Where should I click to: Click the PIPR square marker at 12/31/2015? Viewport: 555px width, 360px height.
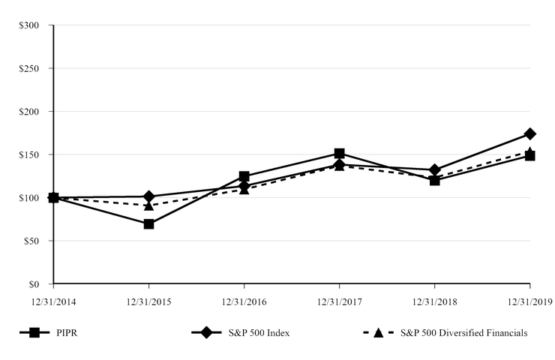[148, 223]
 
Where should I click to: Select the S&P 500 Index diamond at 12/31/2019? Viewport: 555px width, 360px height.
[530, 133]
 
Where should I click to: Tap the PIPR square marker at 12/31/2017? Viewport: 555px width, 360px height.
[339, 153]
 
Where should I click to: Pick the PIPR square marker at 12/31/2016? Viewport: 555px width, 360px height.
[244, 176]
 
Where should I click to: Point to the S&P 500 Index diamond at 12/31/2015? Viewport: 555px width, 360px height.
[148, 196]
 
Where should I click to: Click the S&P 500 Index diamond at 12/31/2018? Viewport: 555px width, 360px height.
[434, 170]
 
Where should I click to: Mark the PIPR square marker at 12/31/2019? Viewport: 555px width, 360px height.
[530, 156]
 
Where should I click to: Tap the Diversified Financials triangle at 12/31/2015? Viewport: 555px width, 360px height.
[148, 205]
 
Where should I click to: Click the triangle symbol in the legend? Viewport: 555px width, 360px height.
[379, 333]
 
